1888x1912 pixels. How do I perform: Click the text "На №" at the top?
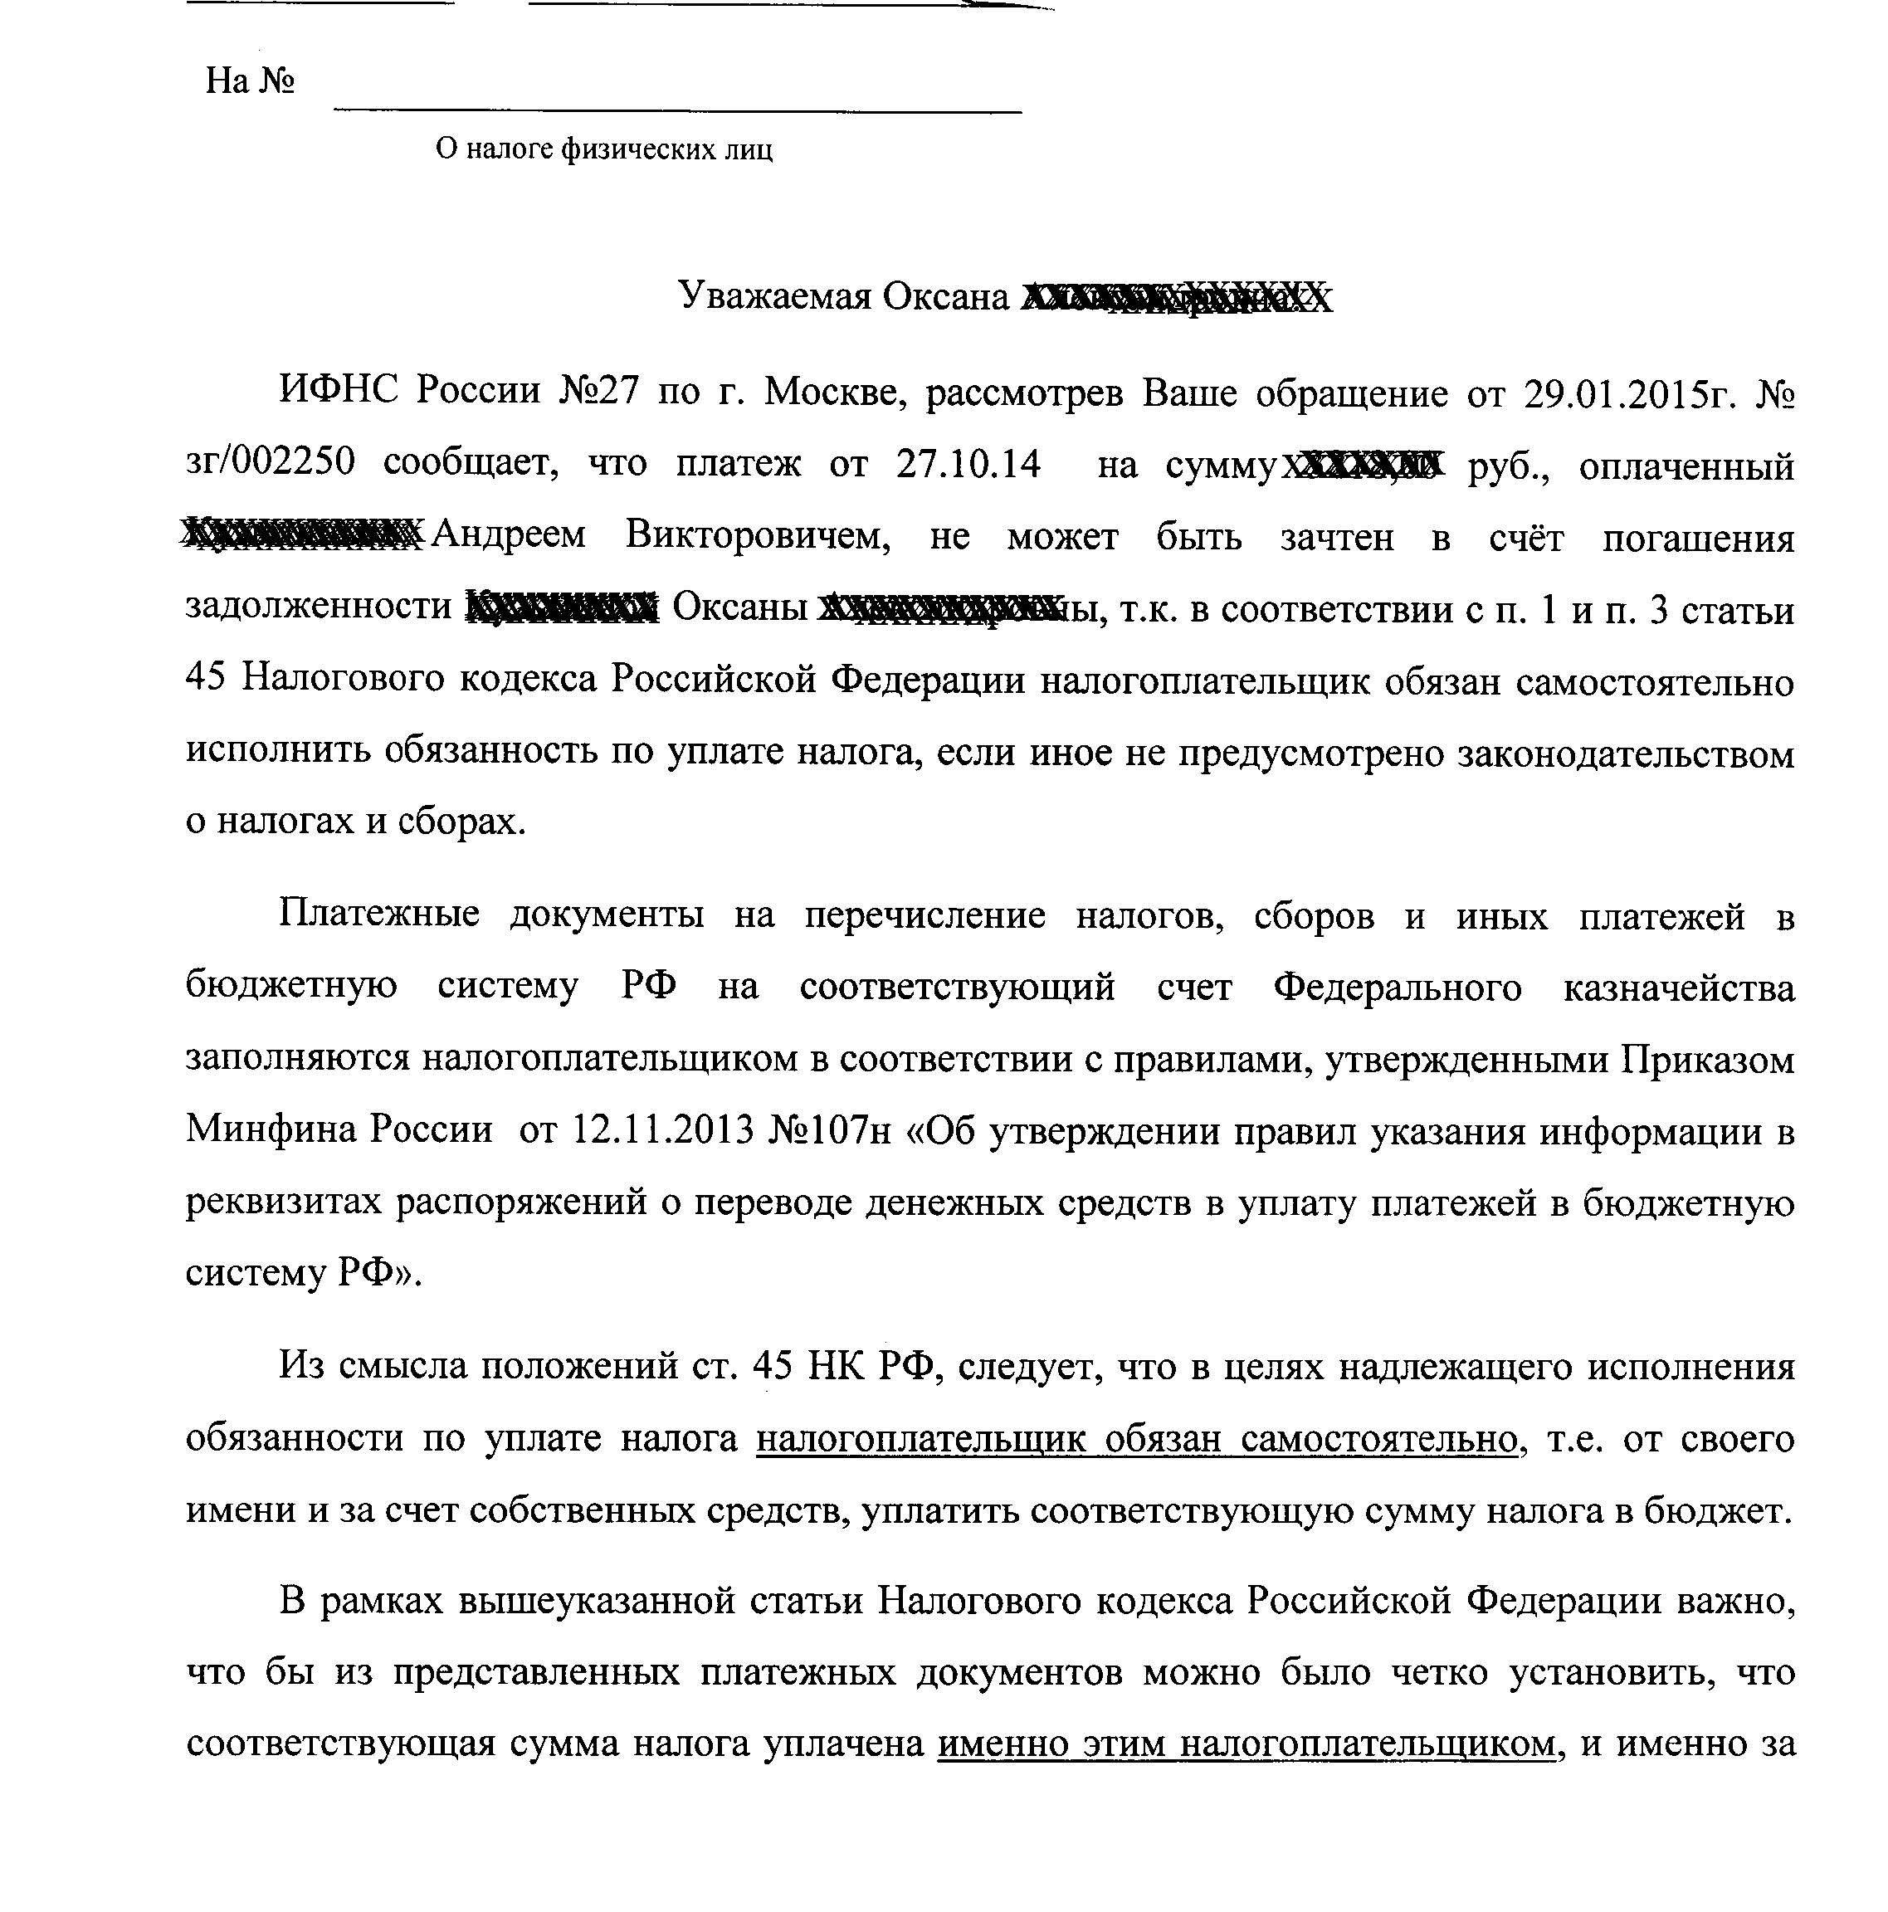click(x=249, y=81)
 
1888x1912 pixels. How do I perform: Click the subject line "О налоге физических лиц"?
click(x=603, y=149)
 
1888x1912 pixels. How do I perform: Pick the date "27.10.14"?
click(x=968, y=463)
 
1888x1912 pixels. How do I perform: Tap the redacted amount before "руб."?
click(x=1363, y=464)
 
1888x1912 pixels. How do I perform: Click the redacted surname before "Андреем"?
click(x=303, y=535)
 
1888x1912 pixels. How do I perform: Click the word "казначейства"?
click(x=1678, y=987)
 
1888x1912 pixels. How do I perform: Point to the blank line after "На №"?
click(x=677, y=107)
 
